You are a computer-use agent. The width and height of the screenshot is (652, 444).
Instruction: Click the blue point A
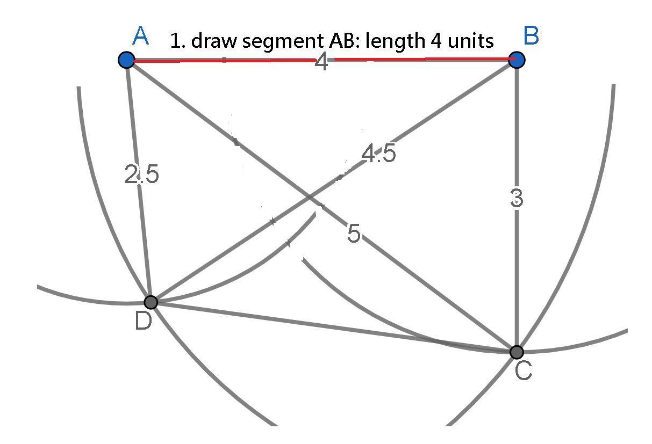(x=126, y=60)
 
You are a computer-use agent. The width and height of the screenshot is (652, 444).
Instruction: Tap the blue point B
(x=517, y=60)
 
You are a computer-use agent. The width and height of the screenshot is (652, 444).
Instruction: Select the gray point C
(x=517, y=352)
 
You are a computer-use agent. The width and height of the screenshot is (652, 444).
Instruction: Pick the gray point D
(x=151, y=302)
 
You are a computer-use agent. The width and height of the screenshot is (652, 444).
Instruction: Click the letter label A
(x=140, y=37)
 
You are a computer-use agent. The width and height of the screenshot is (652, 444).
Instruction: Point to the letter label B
(x=531, y=37)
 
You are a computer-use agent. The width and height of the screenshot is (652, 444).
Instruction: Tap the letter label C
(x=523, y=370)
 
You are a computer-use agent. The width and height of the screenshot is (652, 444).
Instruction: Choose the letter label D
(x=143, y=321)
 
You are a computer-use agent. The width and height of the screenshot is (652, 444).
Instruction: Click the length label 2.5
(x=141, y=175)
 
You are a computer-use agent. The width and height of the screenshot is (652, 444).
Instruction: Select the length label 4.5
(x=379, y=154)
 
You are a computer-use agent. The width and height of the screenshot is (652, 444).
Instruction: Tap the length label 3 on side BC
(x=516, y=199)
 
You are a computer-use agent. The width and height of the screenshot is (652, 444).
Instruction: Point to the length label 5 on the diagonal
(x=354, y=234)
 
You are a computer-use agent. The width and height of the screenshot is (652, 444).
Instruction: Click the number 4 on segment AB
(x=321, y=63)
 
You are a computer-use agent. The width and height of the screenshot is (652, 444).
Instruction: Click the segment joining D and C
(x=333, y=327)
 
